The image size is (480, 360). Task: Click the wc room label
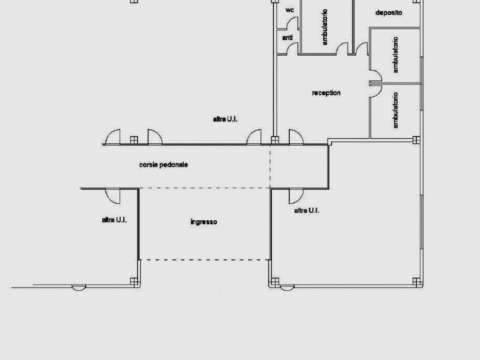coord(290,10)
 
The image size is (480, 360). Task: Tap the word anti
coord(287,37)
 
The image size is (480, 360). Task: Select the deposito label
coord(389,13)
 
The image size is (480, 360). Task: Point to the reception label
coord(326,93)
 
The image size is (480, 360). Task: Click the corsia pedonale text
coord(164,165)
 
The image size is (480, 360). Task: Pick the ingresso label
coord(203,222)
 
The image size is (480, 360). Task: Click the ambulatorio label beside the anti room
coord(325,27)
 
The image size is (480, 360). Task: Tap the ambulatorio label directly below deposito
coord(396,55)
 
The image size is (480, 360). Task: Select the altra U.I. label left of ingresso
coord(114,220)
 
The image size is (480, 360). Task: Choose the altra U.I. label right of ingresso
coord(307,210)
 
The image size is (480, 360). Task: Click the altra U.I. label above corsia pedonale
coord(225,119)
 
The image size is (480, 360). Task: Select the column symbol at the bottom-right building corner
coord(416,281)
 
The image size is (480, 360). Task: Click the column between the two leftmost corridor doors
coord(134,140)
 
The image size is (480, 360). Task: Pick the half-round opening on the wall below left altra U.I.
coord(79,288)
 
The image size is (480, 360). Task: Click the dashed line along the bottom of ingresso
coord(204,260)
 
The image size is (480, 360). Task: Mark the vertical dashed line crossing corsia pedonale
coord(270,166)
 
